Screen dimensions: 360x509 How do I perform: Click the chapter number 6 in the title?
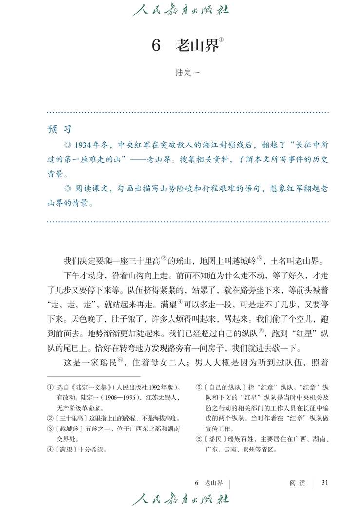[156, 46]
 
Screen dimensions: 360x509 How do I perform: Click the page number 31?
[325, 483]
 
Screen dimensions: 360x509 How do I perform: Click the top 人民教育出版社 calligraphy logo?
[180, 10]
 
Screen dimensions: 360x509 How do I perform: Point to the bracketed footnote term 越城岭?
[69, 428]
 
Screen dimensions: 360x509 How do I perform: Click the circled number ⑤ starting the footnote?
[199, 388]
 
